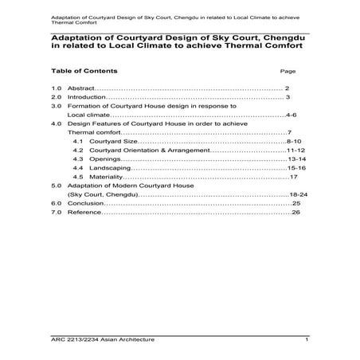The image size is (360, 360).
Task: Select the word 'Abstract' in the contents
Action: tap(80, 87)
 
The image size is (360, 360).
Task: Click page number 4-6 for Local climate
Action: tap(291, 115)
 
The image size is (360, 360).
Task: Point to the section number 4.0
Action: tap(57, 124)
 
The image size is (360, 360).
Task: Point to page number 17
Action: tap(293, 177)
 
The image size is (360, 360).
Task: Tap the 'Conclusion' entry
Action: tap(85, 204)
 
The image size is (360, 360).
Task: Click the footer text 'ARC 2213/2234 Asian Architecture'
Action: tap(102, 340)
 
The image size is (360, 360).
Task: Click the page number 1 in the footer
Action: tap(306, 340)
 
